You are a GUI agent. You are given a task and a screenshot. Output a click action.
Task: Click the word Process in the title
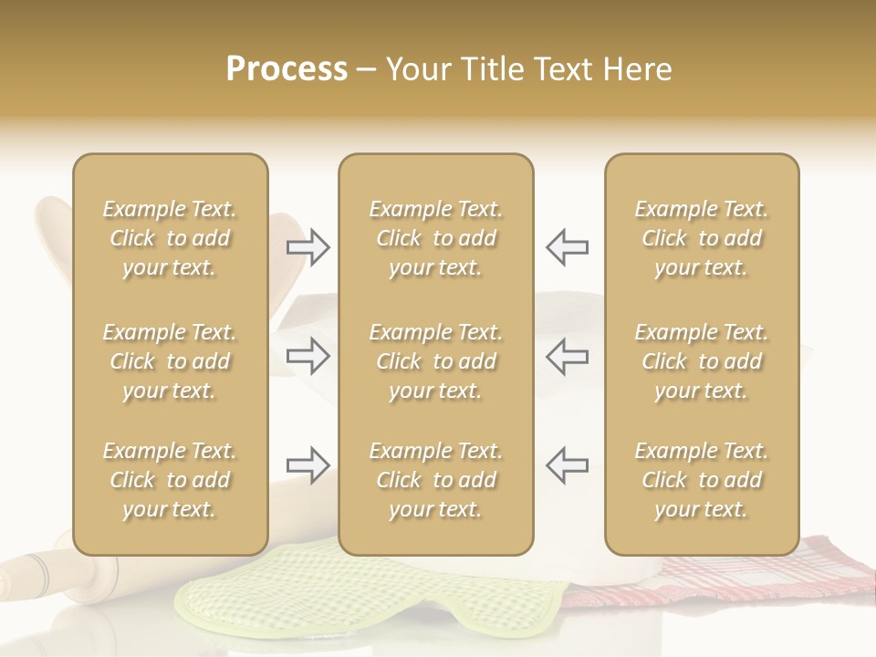click(287, 69)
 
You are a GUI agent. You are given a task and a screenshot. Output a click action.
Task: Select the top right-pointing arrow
click(308, 247)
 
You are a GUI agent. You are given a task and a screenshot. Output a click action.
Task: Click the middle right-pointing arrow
click(308, 355)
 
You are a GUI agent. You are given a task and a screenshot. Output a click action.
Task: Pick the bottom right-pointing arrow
click(308, 465)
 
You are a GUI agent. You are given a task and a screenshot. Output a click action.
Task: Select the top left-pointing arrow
click(567, 247)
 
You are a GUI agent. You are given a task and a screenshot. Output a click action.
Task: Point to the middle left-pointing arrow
click(567, 355)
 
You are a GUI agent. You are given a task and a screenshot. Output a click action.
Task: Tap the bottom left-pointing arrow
click(567, 465)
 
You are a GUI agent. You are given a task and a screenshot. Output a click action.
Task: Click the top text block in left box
click(170, 238)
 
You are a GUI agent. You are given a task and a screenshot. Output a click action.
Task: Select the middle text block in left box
click(170, 361)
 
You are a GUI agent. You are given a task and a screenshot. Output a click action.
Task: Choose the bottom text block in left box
click(170, 480)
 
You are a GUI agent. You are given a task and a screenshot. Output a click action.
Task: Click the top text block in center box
click(436, 238)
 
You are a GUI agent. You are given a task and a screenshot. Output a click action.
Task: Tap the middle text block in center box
click(436, 361)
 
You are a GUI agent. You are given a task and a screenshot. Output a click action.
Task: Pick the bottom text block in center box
click(436, 480)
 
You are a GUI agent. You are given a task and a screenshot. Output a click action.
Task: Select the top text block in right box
click(702, 238)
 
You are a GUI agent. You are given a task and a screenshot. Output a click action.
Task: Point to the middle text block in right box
click(702, 361)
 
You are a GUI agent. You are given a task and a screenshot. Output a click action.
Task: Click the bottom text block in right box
click(702, 480)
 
